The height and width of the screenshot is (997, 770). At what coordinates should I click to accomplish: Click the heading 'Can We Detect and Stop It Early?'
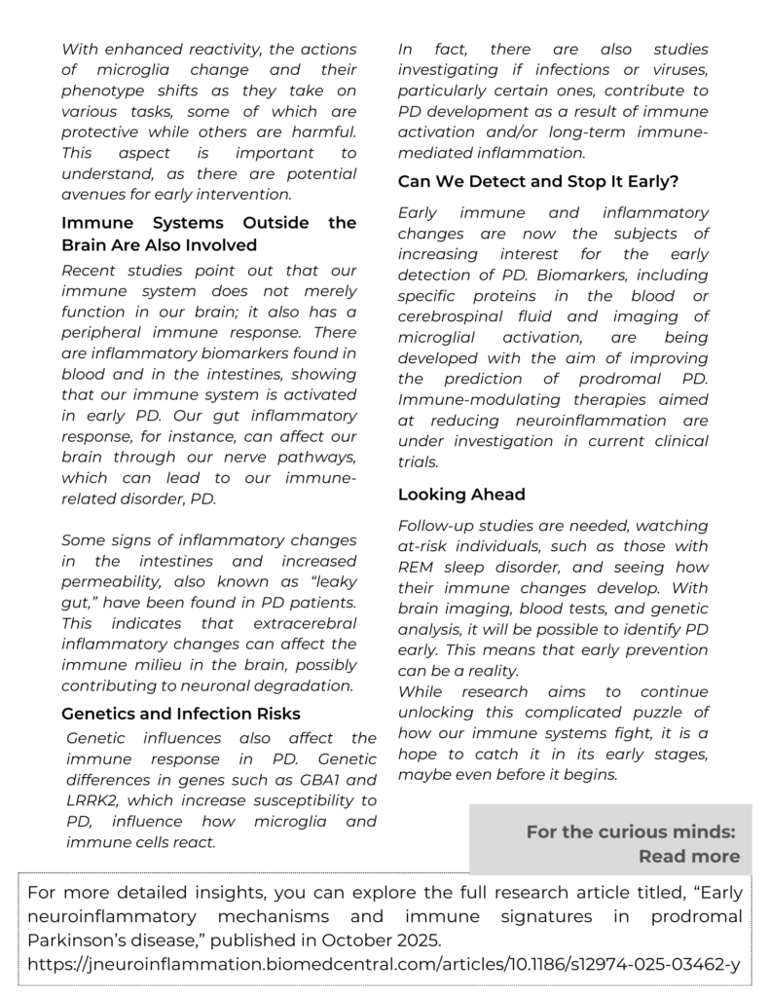(538, 181)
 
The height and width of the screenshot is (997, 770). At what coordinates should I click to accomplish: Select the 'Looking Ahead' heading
(461, 494)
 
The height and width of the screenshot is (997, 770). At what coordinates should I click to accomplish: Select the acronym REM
(418, 567)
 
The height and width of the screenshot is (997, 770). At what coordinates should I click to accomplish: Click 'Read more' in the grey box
(688, 856)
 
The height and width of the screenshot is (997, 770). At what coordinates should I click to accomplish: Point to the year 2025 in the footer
(420, 940)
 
